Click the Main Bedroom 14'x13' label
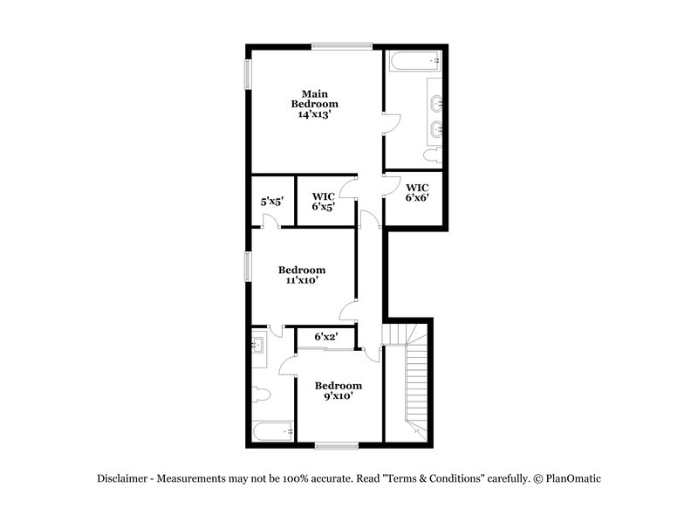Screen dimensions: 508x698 [315, 104]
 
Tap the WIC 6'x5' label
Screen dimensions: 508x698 [324, 202]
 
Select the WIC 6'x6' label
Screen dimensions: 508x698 [417, 193]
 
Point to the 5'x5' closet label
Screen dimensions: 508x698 [271, 202]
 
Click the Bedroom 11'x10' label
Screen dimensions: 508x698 [302, 276]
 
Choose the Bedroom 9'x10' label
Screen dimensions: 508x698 [339, 391]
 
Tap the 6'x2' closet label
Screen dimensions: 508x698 [325, 336]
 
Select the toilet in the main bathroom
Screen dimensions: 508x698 [430, 155]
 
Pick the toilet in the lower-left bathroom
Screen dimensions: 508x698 [261, 395]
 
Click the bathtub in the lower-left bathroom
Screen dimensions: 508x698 [271, 430]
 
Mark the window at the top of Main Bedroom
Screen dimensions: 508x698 [342, 46]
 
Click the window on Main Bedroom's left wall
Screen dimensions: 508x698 [246, 74]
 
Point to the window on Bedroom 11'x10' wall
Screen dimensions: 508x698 [246, 266]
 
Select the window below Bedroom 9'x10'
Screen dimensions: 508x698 [336, 446]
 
